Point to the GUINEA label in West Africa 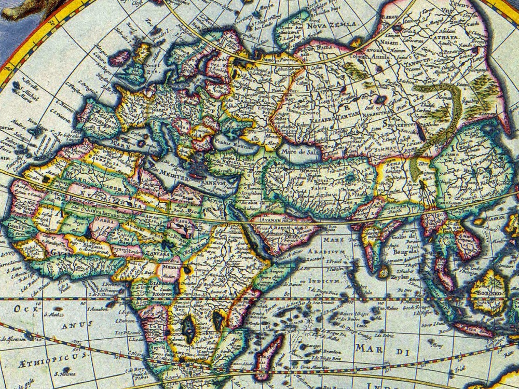(67, 249)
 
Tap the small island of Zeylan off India (383, 271)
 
